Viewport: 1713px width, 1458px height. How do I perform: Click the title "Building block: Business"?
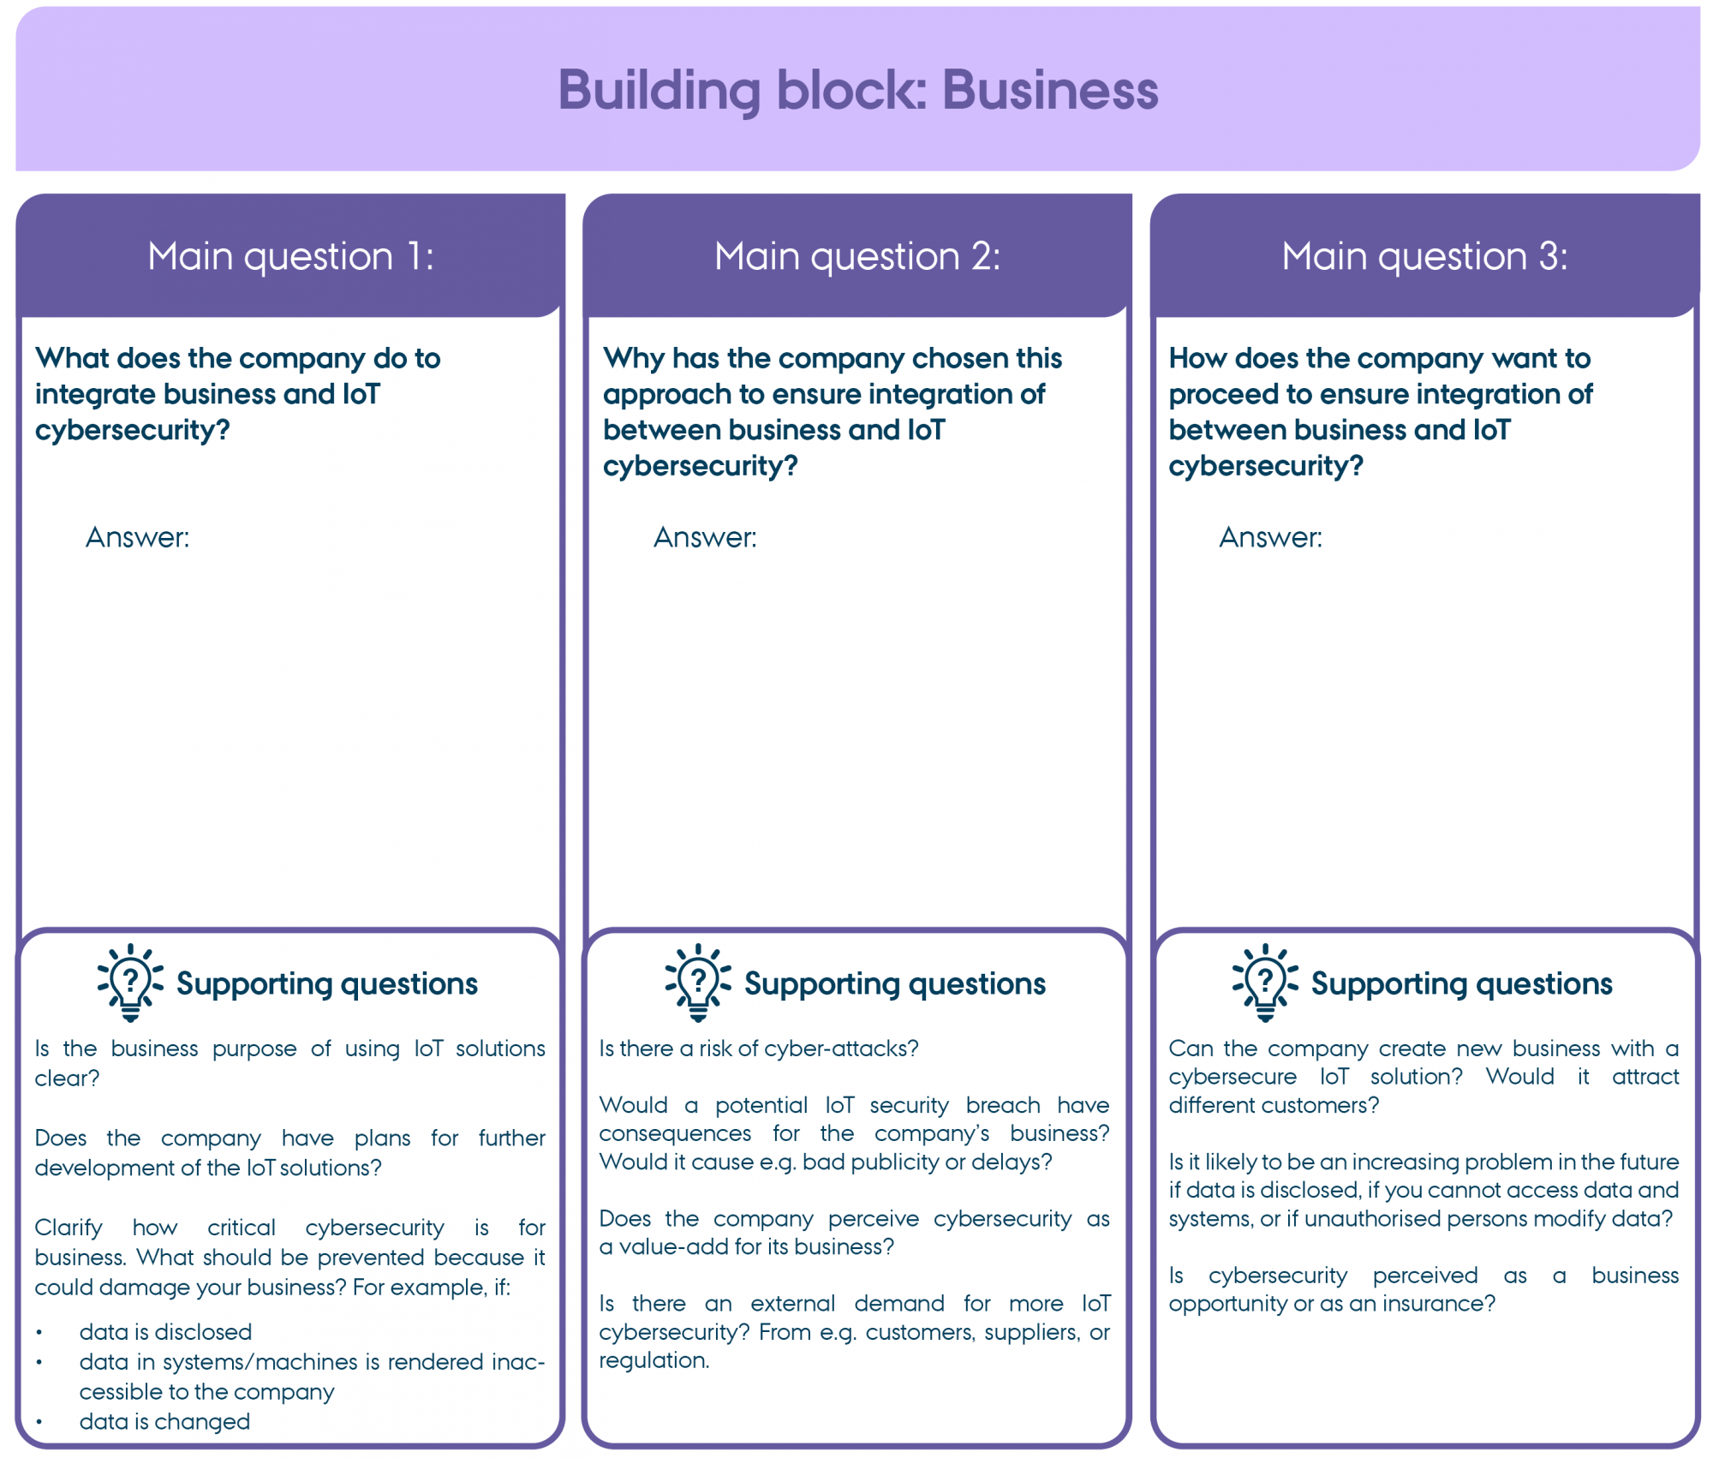[857, 91]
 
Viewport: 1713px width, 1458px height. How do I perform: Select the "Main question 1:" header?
[290, 256]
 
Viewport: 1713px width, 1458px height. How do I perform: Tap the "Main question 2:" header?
[857, 256]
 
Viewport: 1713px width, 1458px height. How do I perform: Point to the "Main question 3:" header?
[1424, 256]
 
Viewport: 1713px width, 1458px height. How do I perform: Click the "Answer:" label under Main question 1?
[137, 537]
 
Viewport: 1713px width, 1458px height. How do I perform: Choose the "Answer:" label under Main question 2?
[705, 537]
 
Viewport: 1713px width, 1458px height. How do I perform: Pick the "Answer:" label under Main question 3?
[1270, 537]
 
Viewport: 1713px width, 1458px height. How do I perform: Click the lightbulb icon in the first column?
[130, 983]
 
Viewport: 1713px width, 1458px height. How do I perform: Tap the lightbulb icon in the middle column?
[698, 983]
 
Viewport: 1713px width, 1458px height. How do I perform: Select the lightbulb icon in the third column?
[1265, 983]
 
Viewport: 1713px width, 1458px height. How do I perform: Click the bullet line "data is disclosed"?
[165, 1332]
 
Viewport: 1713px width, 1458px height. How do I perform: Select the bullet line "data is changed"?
[164, 1422]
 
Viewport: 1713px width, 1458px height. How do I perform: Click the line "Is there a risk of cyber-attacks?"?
[758, 1049]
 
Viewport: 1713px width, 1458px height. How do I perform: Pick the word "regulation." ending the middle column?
[654, 1360]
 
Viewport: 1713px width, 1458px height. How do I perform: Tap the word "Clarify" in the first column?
[68, 1228]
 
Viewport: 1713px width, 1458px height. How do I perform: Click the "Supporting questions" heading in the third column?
[1461, 984]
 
